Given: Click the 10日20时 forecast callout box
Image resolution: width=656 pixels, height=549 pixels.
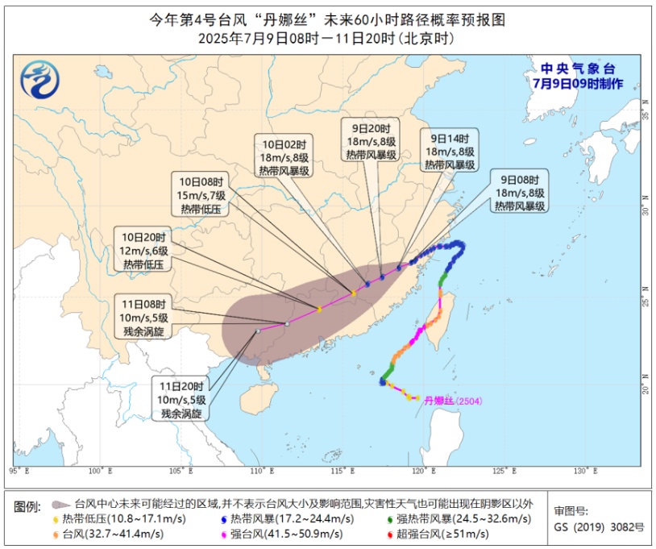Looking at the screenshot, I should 144,250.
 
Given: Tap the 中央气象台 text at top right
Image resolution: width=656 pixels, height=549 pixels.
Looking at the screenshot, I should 577,69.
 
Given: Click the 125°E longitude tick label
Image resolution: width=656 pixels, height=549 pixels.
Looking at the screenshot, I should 504,471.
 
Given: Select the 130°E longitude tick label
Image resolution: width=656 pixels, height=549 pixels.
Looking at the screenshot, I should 585,471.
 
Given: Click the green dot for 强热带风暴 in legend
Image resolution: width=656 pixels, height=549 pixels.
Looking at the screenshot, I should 391,519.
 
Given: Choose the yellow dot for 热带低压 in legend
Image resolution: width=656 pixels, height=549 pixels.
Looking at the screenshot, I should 54,519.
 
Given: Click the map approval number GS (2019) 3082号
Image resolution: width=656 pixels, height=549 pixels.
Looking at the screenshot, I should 600,526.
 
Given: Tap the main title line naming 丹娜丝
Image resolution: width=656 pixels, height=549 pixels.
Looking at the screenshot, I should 327,19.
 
